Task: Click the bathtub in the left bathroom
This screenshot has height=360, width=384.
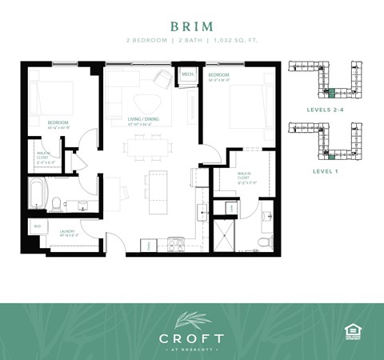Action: (x=38, y=194)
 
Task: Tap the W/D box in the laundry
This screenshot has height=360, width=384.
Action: (x=37, y=226)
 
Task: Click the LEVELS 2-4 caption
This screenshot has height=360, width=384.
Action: (x=323, y=108)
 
